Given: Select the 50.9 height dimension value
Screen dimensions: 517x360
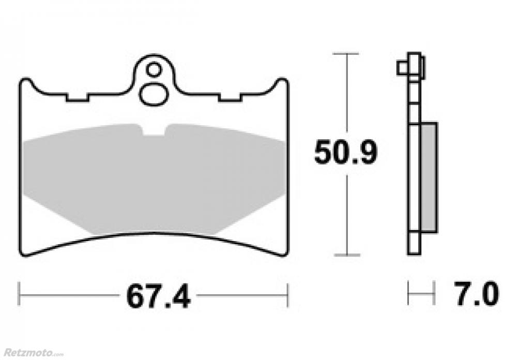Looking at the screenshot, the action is pyautogui.click(x=345, y=152).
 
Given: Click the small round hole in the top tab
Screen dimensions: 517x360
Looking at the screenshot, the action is pyautogui.click(x=154, y=70).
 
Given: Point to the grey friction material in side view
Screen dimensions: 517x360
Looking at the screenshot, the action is pyautogui.click(x=429, y=177).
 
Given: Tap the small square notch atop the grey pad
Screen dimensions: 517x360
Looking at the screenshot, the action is pyautogui.click(x=154, y=130).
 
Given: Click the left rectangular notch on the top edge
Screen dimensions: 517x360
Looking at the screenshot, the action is pyautogui.click(x=78, y=97).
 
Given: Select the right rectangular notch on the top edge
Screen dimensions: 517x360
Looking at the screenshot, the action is pyautogui.click(x=231, y=97).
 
